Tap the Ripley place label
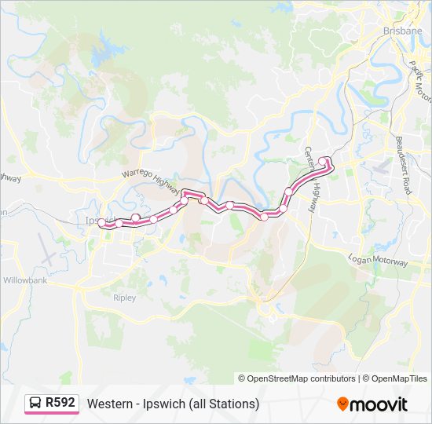(124, 298)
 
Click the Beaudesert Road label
(404, 166)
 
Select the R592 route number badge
(60, 403)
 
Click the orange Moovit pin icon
(342, 404)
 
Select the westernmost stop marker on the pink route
(102, 224)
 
